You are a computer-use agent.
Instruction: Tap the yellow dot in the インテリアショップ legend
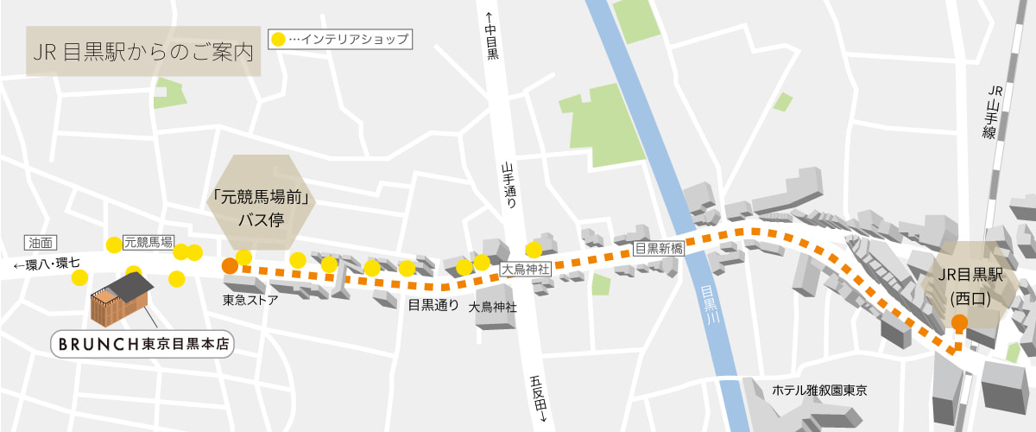277,39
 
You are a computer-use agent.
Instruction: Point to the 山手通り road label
509,186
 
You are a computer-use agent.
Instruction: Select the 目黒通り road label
433,304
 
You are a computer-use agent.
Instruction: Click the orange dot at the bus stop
229,266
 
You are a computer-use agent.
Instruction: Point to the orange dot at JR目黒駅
959,324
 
